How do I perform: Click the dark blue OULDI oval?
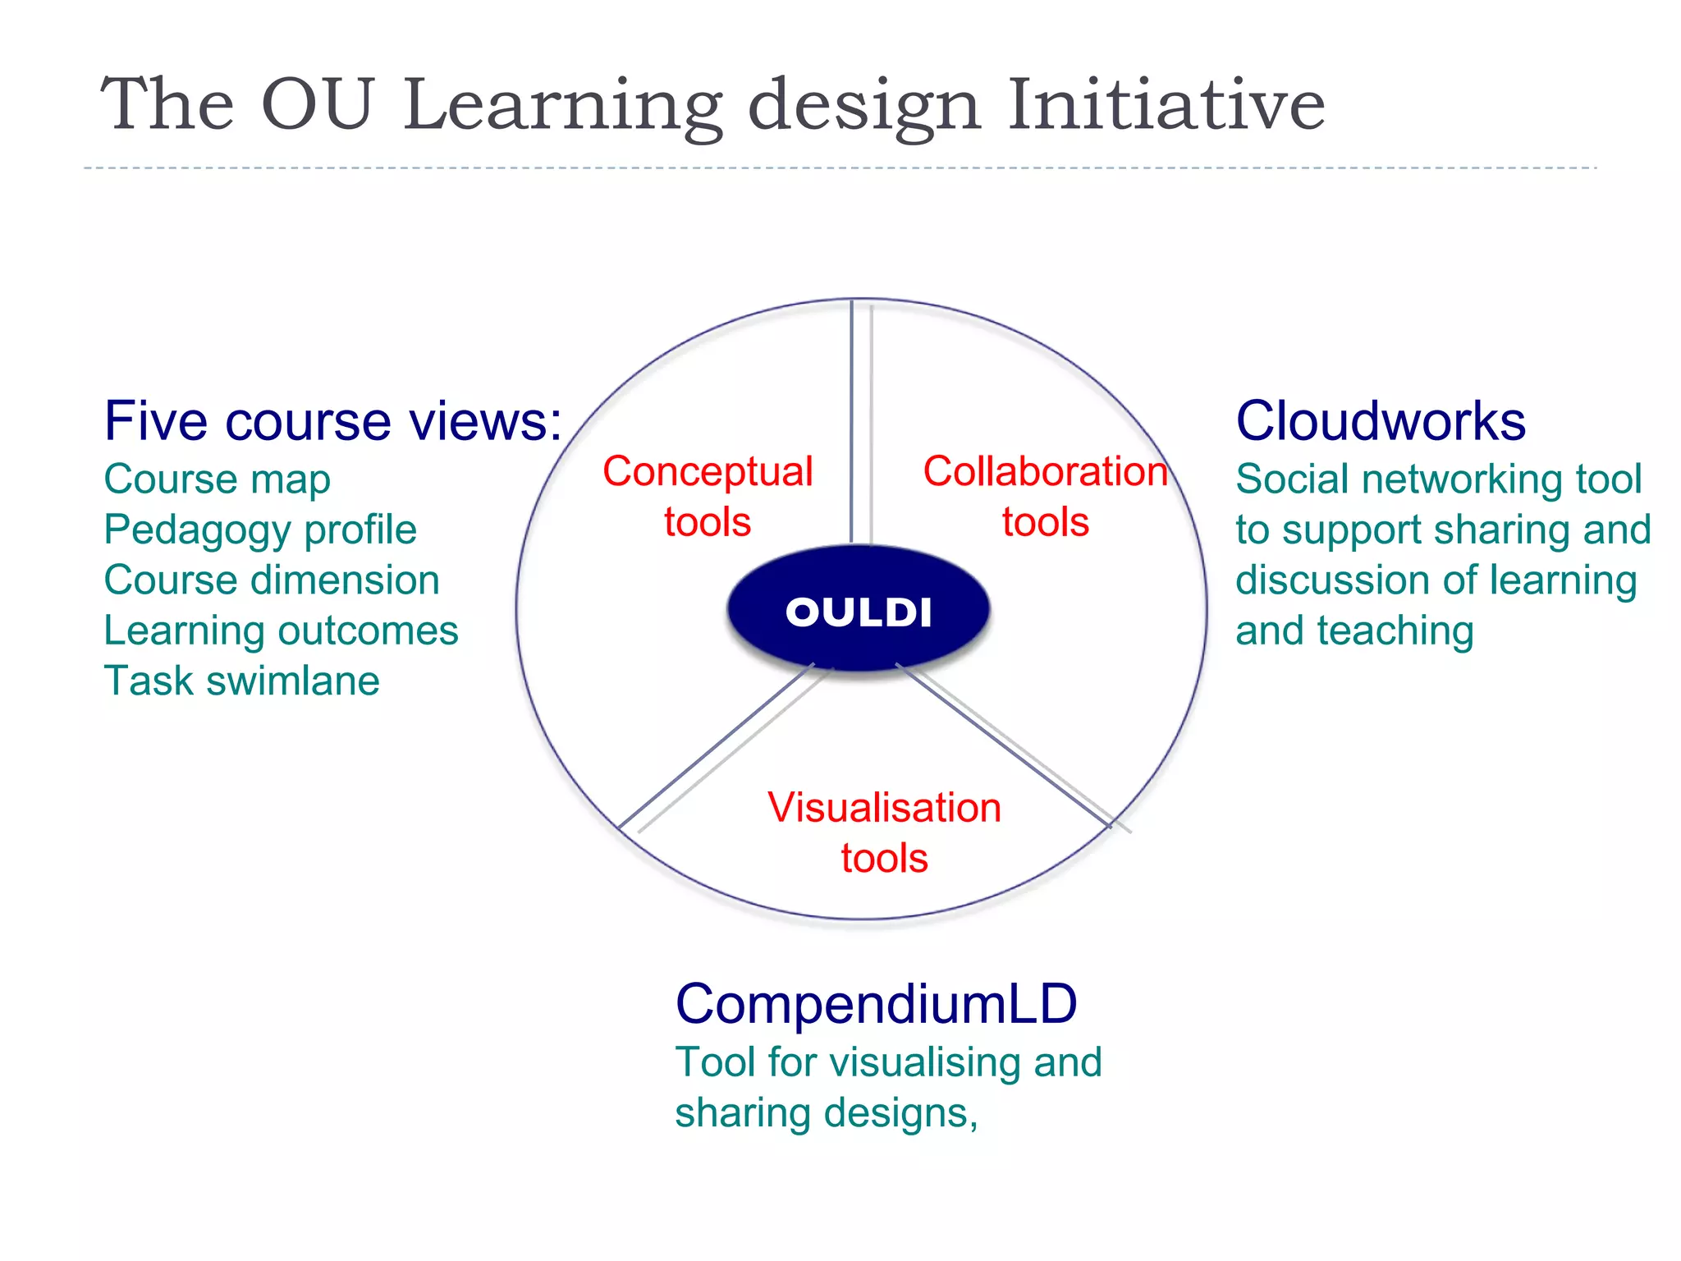click(x=859, y=610)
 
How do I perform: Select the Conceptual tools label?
click(x=708, y=496)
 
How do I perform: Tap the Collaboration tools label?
click(x=1045, y=496)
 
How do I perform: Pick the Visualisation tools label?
click(x=884, y=832)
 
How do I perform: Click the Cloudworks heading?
click(x=1381, y=421)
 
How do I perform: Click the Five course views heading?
click(x=332, y=421)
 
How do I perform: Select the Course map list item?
click(x=218, y=479)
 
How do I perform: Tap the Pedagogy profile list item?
click(x=260, y=530)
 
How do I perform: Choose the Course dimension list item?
click(x=272, y=580)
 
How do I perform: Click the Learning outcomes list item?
click(x=281, y=630)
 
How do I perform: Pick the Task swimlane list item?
click(x=242, y=681)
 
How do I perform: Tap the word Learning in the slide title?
click(x=563, y=107)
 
